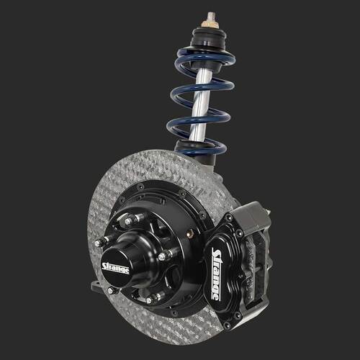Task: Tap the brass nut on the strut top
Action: click(211, 24)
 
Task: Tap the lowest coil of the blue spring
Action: click(197, 149)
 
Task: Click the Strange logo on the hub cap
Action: click(115, 268)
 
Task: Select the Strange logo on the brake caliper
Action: click(216, 274)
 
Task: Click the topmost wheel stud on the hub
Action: click(132, 220)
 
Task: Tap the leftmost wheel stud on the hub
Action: click(100, 242)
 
